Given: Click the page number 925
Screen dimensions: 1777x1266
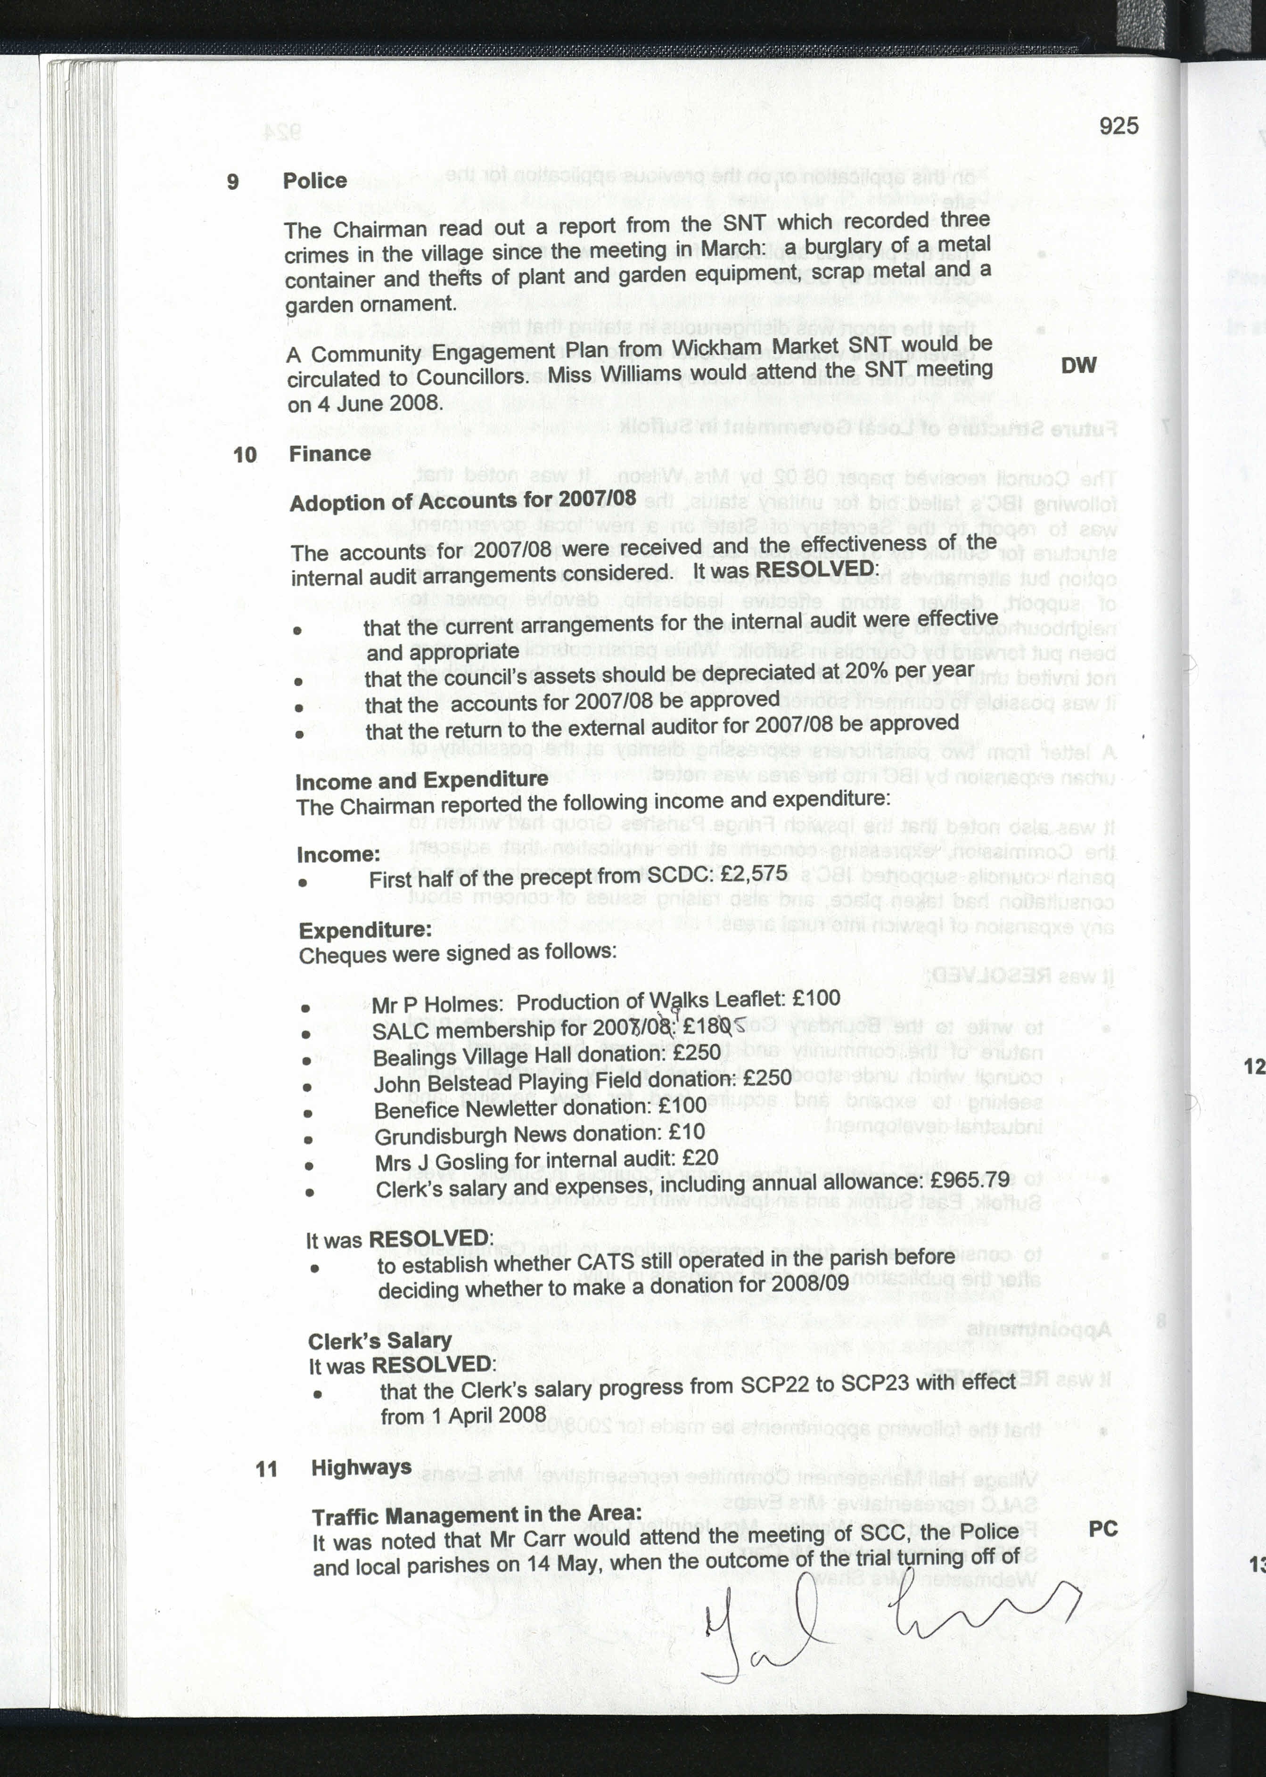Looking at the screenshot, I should (x=1118, y=125).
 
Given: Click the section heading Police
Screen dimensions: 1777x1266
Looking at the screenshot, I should (x=314, y=181).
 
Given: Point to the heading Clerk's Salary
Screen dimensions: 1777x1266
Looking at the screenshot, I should (x=379, y=1341).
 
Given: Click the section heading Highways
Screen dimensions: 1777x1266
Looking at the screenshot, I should (x=361, y=1467).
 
